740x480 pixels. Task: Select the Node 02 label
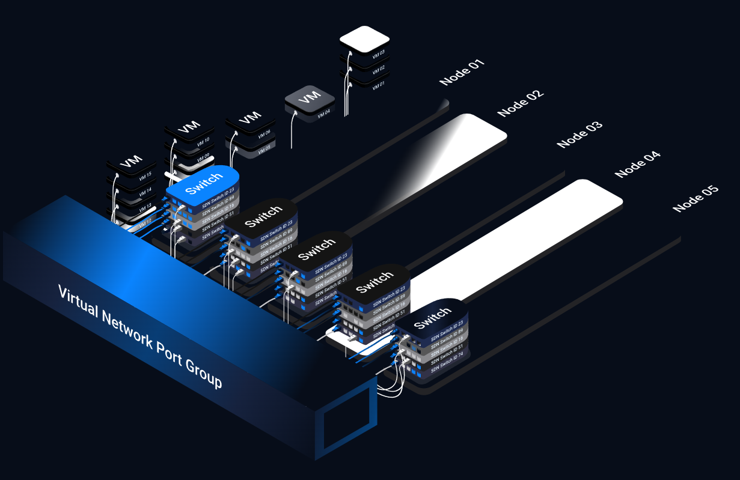pos(520,103)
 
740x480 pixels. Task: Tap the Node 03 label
pos(579,135)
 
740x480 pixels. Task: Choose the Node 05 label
pos(696,198)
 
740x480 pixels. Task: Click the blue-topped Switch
pos(203,181)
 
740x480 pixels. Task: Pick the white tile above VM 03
pos(364,39)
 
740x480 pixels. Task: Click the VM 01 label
pos(378,85)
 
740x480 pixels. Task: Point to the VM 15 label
pos(145,175)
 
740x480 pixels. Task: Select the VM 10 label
pos(203,141)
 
